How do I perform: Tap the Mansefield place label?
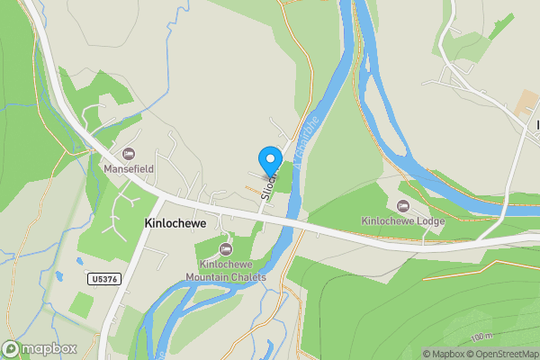pyautogui.click(x=128, y=167)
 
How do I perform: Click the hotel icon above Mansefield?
pyautogui.click(x=128, y=152)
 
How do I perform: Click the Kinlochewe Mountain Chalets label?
pyautogui.click(x=226, y=271)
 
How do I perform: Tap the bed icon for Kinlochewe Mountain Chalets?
pyautogui.click(x=226, y=248)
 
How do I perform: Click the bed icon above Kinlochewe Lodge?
pyautogui.click(x=402, y=204)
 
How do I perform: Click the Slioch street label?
pyautogui.click(x=267, y=183)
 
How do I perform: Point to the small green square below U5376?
pyautogui.click(x=81, y=304)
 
